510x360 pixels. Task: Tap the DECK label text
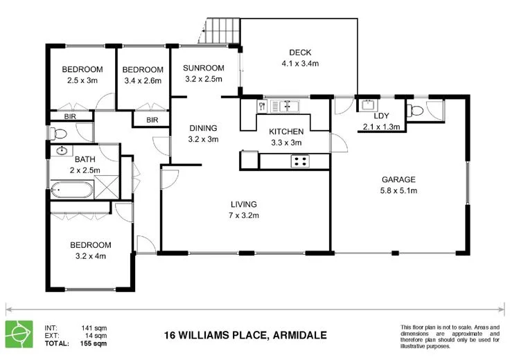(x=300, y=53)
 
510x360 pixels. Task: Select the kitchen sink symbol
(x=284, y=106)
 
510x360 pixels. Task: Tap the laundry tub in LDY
(x=367, y=106)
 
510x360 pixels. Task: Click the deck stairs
(x=223, y=29)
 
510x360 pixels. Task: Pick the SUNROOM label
(x=204, y=68)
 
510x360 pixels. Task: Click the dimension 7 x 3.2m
(x=244, y=215)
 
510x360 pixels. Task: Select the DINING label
(x=203, y=128)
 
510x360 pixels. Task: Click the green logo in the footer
(x=18, y=333)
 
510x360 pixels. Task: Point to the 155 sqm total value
(x=94, y=343)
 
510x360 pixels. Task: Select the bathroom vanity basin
(x=62, y=150)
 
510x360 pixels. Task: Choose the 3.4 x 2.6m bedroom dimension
(x=143, y=80)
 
